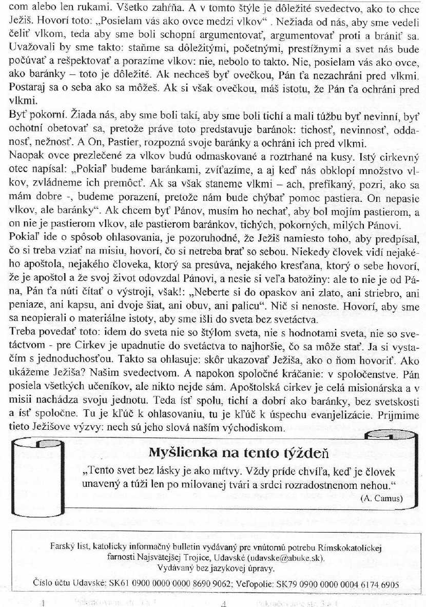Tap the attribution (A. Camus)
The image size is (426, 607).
click(x=381, y=498)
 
